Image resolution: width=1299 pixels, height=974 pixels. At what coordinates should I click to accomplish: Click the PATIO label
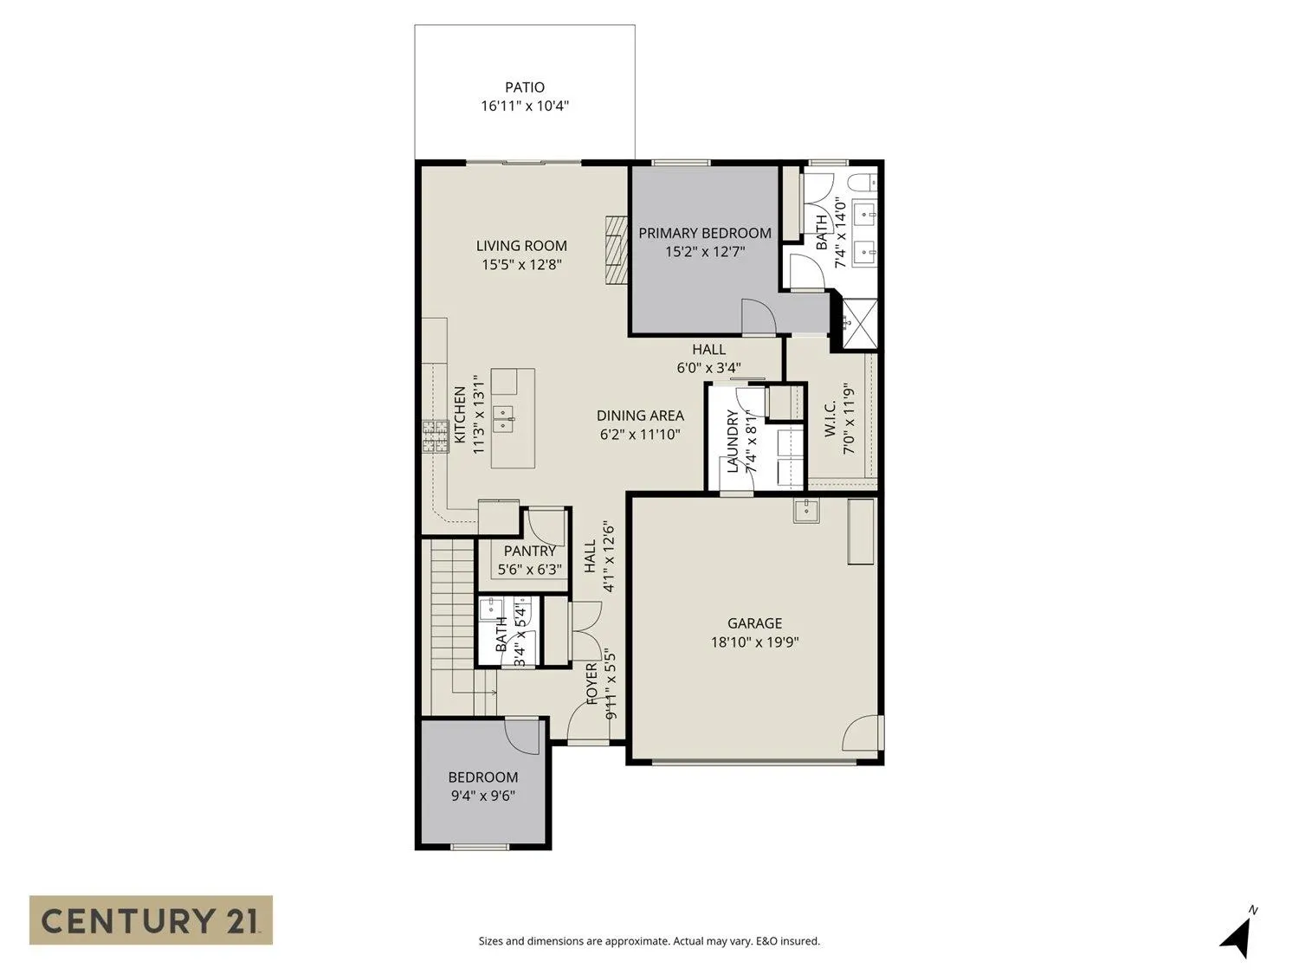(x=525, y=87)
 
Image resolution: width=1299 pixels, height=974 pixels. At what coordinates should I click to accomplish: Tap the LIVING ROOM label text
(x=521, y=246)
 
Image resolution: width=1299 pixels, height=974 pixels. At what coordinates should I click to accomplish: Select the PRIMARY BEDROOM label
(x=705, y=233)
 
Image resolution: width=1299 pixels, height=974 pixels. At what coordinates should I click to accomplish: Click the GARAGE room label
(x=754, y=623)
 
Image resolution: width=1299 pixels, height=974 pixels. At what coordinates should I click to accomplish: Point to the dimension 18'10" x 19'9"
(x=754, y=642)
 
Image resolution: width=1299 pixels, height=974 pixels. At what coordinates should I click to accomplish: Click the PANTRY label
(x=530, y=551)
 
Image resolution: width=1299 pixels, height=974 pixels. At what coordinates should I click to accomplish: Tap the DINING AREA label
(x=640, y=416)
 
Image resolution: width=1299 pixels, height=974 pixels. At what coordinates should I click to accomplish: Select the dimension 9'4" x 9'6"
(x=483, y=796)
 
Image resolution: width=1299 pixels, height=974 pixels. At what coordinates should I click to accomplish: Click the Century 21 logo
(x=151, y=919)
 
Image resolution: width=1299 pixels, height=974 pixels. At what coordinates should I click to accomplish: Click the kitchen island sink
(x=503, y=420)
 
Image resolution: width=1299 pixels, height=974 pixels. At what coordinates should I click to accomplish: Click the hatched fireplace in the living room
(x=614, y=248)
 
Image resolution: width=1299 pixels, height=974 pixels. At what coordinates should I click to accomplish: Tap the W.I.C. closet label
(x=829, y=419)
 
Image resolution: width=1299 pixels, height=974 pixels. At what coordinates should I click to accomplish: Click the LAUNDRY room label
(x=733, y=442)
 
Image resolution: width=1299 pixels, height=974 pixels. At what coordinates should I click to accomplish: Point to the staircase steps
(x=452, y=606)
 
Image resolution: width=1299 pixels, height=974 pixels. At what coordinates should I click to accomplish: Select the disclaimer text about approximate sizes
(x=649, y=941)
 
